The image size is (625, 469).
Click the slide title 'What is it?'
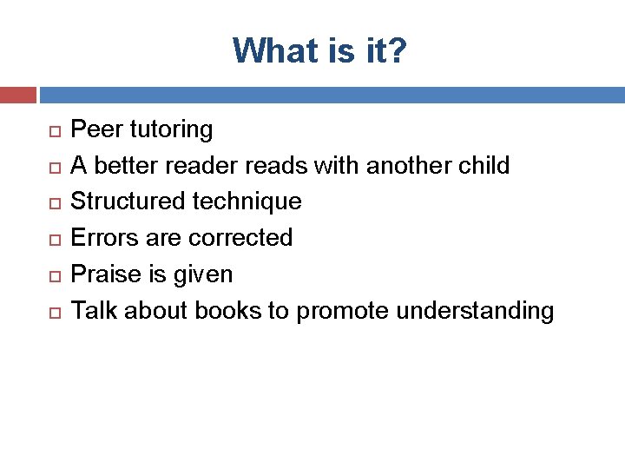tap(319, 50)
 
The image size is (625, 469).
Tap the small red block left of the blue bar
tap(17, 95)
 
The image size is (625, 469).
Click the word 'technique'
tap(247, 202)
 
